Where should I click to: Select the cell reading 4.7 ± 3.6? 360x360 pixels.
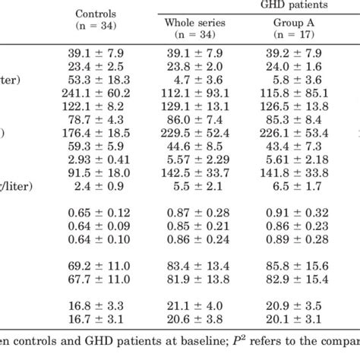pos(195,79)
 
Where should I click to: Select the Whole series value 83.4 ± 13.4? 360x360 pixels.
pos(195,264)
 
